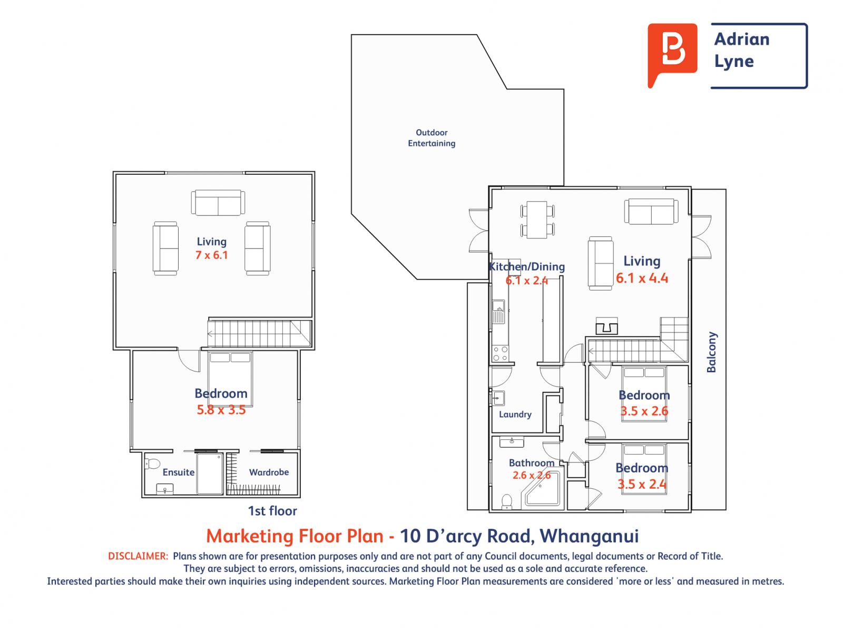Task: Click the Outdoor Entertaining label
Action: click(x=432, y=138)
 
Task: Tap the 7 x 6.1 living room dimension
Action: click(x=211, y=255)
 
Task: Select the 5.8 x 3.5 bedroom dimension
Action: click(x=221, y=410)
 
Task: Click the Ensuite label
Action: click(x=179, y=472)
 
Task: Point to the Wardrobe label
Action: click(x=269, y=472)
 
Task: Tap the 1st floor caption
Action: click(x=272, y=511)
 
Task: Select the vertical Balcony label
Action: click(x=712, y=352)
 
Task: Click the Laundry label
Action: click(x=515, y=414)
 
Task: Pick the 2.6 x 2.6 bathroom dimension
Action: click(x=532, y=475)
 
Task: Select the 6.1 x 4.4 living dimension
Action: click(x=642, y=278)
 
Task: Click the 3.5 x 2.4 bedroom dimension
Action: click(x=641, y=484)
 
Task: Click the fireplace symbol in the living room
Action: click(x=606, y=326)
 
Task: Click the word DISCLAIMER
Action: click(x=138, y=556)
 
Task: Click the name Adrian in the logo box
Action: click(x=741, y=39)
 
